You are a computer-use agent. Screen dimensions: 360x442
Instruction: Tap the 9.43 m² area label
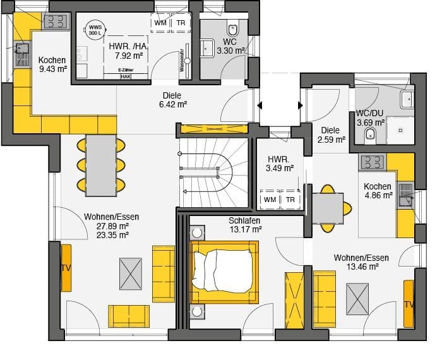[x=52, y=69]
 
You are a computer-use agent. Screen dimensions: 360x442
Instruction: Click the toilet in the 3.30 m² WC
[x=233, y=29]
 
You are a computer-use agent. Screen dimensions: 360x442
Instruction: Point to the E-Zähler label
[x=126, y=70]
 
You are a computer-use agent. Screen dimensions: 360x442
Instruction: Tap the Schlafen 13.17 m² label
[x=245, y=225]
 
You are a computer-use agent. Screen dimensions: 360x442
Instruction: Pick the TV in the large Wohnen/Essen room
[x=66, y=268]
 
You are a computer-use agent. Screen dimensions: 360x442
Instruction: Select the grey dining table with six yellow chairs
[x=101, y=163]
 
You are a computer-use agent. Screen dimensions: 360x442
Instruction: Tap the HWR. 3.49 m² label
[x=279, y=164]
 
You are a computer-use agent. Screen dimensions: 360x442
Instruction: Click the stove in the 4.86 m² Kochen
[x=373, y=162]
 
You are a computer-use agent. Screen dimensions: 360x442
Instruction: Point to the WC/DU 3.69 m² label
[x=370, y=117]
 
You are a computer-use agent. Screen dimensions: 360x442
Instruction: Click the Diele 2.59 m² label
[x=331, y=135]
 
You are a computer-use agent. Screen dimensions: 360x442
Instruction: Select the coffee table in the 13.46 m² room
[x=357, y=299]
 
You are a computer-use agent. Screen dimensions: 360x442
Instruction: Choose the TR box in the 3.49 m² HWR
[x=290, y=200]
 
